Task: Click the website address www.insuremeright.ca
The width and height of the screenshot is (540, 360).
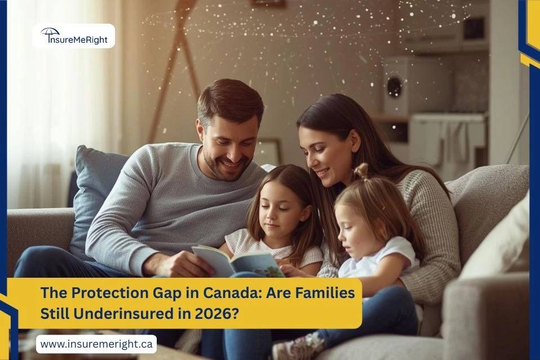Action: (96, 344)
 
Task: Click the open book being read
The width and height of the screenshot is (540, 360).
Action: (237, 261)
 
